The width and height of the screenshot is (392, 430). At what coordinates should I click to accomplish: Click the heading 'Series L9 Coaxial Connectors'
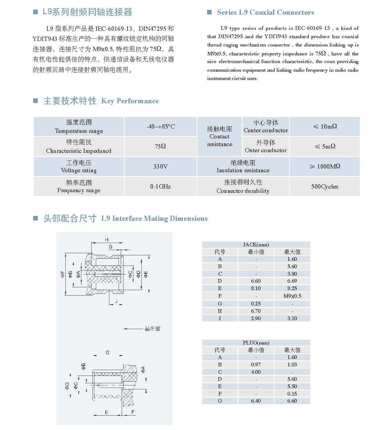click(x=265, y=12)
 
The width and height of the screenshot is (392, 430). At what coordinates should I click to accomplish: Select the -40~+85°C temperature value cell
click(x=160, y=126)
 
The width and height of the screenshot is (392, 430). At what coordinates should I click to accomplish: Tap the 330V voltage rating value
click(x=160, y=166)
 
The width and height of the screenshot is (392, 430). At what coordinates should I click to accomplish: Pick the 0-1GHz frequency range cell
click(x=160, y=186)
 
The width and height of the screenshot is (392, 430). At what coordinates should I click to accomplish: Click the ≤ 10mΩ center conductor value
click(x=325, y=126)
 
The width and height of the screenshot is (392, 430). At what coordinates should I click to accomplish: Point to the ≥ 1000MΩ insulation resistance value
click(x=325, y=166)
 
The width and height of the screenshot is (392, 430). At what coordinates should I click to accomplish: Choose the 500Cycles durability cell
click(x=324, y=186)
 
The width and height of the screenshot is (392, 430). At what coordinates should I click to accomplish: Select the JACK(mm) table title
click(x=256, y=245)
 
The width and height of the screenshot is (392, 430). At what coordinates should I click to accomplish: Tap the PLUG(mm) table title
click(x=256, y=343)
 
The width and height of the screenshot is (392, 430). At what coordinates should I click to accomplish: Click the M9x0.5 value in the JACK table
click(x=292, y=296)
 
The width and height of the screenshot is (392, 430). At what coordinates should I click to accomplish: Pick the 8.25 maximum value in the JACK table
click(x=292, y=288)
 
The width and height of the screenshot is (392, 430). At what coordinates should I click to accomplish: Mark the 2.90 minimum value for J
click(x=256, y=318)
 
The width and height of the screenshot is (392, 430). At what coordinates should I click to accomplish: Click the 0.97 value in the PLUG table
click(x=256, y=364)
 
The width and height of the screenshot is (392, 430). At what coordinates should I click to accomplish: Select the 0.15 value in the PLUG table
click(x=292, y=394)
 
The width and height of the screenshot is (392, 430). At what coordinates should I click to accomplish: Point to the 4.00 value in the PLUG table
click(x=256, y=372)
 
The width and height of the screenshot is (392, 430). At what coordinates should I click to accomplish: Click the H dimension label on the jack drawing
click(x=107, y=240)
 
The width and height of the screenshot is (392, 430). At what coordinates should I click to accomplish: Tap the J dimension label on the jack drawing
click(x=116, y=302)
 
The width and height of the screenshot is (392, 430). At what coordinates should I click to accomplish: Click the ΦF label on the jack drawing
click(x=63, y=274)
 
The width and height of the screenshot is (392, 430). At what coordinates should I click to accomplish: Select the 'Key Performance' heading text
click(x=130, y=101)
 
